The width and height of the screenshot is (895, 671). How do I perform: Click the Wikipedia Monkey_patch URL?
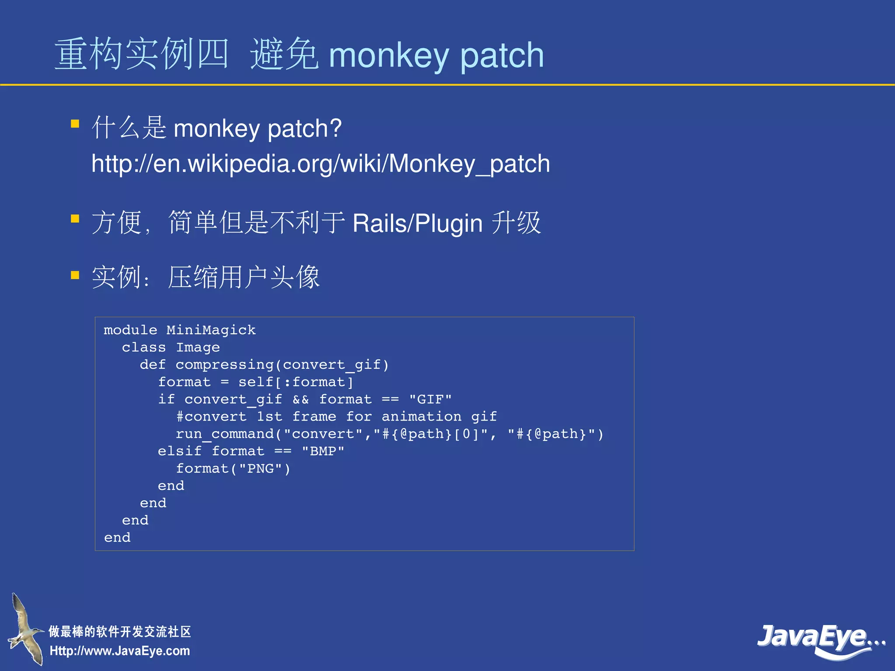click(x=320, y=164)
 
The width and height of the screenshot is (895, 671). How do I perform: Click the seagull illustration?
click(x=25, y=629)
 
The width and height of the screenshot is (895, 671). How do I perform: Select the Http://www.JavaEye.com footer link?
click(x=120, y=651)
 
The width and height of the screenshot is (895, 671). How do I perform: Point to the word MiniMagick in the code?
click(x=211, y=330)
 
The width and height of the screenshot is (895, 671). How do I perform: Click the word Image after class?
click(x=198, y=347)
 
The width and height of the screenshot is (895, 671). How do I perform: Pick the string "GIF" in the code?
click(x=430, y=399)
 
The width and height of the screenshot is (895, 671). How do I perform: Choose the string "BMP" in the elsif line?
click(x=323, y=451)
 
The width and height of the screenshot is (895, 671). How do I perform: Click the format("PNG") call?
click(x=233, y=468)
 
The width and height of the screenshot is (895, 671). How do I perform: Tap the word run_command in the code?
click(x=225, y=434)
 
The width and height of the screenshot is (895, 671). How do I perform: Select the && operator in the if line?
click(x=300, y=399)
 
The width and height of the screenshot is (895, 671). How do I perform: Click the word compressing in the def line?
click(x=224, y=365)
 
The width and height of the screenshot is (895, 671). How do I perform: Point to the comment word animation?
click(x=421, y=416)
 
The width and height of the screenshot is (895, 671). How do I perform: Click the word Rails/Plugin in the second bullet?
click(x=417, y=223)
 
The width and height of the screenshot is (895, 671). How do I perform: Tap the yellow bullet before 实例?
click(x=75, y=275)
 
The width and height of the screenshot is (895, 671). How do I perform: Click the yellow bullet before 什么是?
click(x=75, y=124)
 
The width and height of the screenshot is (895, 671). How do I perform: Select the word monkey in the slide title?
click(x=389, y=56)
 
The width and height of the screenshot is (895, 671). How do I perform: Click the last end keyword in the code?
click(x=117, y=537)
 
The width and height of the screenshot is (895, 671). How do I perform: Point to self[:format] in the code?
click(x=295, y=382)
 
